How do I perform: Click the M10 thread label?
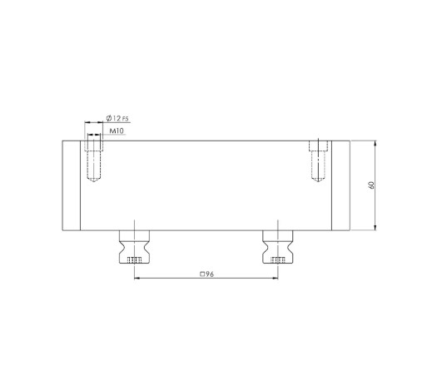pyautogui.click(x=117, y=131)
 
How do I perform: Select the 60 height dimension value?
pyautogui.click(x=371, y=185)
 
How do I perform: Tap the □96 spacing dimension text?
pyautogui.click(x=206, y=273)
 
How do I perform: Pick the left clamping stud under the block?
pyautogui.click(x=133, y=245)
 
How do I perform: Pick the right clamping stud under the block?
pyautogui.click(x=278, y=245)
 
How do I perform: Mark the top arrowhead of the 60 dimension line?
pyautogui.click(x=377, y=144)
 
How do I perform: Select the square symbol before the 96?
pyautogui.click(x=201, y=273)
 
